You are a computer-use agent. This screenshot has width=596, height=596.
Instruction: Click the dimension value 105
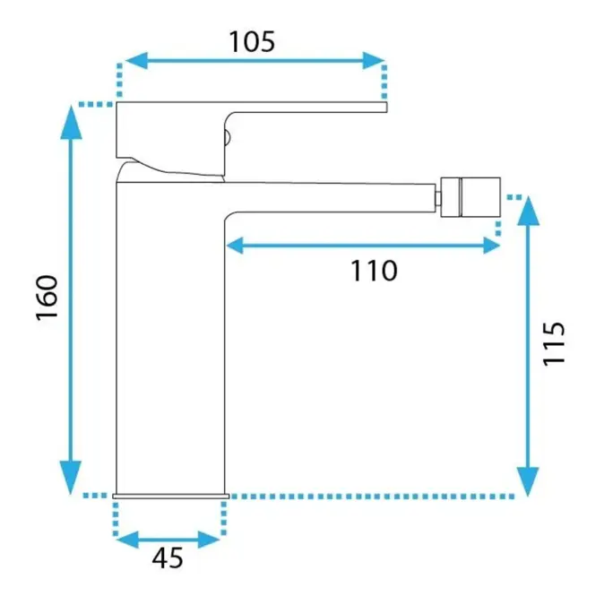point(252,41)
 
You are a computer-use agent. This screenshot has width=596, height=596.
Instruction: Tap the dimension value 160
point(48,298)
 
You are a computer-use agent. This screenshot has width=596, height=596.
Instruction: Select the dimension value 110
point(374,271)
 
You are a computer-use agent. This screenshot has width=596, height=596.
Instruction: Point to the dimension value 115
point(554,343)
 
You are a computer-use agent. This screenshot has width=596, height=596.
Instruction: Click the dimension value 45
point(168,557)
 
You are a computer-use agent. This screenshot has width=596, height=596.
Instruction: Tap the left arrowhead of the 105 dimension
point(136,60)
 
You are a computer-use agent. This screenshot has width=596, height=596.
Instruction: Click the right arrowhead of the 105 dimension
point(374,60)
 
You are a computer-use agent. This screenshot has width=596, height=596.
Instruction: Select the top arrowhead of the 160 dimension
point(71,123)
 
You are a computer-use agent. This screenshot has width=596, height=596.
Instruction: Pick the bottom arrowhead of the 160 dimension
point(71,478)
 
